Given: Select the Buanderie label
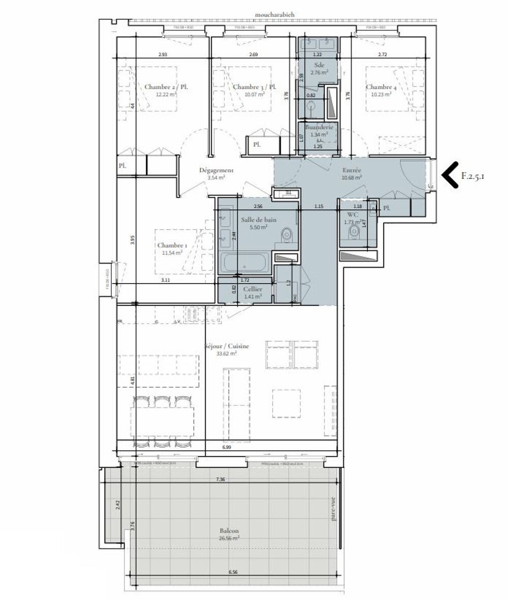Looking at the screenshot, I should coord(319,127).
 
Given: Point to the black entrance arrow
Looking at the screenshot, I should coord(450,176).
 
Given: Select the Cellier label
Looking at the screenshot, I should coord(252,289).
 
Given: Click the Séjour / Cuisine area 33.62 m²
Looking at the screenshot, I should coord(227,354).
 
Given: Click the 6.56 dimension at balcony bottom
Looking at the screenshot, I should coord(233,572).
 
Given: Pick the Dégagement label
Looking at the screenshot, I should coord(216,171).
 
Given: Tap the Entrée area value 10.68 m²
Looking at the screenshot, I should coord(351,178).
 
